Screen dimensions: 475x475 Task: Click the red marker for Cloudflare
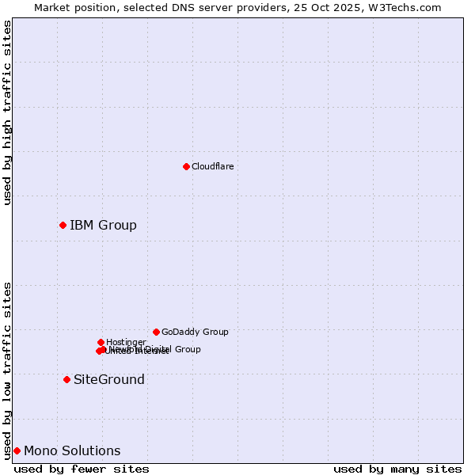coord(186,166)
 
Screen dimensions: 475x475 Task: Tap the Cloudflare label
coord(212,166)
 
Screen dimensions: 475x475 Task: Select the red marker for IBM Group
coord(63,226)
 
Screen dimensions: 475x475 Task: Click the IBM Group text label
coord(103,226)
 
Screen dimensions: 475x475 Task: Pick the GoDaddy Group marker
coord(156,332)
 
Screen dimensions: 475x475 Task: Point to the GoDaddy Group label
coord(195,332)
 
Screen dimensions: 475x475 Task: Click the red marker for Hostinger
coord(101,342)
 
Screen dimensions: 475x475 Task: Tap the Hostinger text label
coord(126,342)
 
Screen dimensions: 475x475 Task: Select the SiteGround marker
coord(66,379)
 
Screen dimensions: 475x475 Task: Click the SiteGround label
coord(109,380)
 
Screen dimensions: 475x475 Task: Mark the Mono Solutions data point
coord(17,450)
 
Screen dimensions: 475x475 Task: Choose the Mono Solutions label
coord(72,451)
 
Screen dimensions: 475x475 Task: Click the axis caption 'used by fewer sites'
coord(82,469)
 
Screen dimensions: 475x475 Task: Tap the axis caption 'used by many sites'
coord(397,469)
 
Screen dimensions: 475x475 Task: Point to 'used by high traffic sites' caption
coord(7,112)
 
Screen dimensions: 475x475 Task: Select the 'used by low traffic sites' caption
coord(7,370)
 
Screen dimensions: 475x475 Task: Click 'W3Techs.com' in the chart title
coord(408,7)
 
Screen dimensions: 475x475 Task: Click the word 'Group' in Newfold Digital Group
coord(187,349)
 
